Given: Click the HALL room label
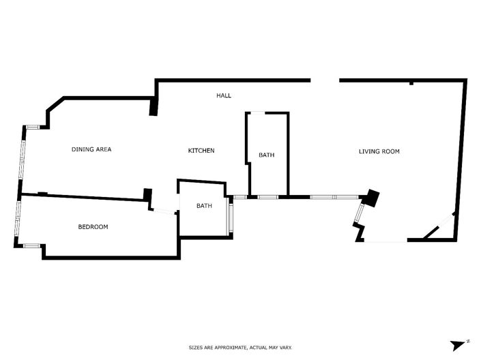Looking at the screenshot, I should click(224, 95).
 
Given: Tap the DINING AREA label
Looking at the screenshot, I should click(91, 149).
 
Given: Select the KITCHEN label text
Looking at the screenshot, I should click(201, 150).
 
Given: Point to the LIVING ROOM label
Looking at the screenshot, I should click(379, 151).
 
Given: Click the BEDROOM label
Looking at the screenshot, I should click(93, 226).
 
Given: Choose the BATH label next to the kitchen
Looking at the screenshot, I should click(266, 155).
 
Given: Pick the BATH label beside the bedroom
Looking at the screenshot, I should click(205, 206).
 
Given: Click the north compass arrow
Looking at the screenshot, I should click(456, 344).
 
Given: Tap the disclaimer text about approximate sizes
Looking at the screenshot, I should click(240, 348).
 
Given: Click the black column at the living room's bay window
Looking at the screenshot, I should click(371, 198).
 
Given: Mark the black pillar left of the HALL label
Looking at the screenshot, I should click(154, 106).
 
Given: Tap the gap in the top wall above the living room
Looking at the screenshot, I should click(325, 80).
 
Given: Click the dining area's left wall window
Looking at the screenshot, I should click(23, 154).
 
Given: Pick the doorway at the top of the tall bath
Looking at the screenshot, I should click(259, 112).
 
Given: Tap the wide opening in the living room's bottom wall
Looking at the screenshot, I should click(385, 241).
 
